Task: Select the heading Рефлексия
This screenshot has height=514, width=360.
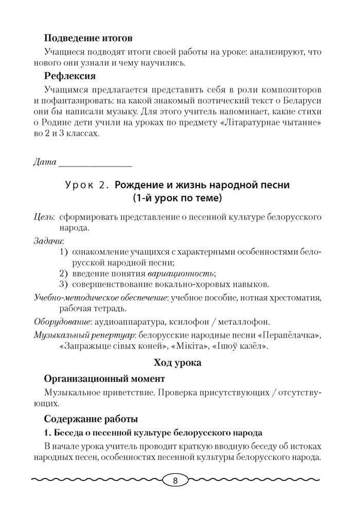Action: click(x=70, y=77)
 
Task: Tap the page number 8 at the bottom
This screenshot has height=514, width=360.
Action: click(x=175, y=481)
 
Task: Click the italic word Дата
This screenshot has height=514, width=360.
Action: click(x=44, y=163)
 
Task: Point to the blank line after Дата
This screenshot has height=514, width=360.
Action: click(x=96, y=164)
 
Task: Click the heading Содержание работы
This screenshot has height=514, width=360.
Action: click(x=91, y=418)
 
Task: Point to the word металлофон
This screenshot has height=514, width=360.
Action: click(x=243, y=322)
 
